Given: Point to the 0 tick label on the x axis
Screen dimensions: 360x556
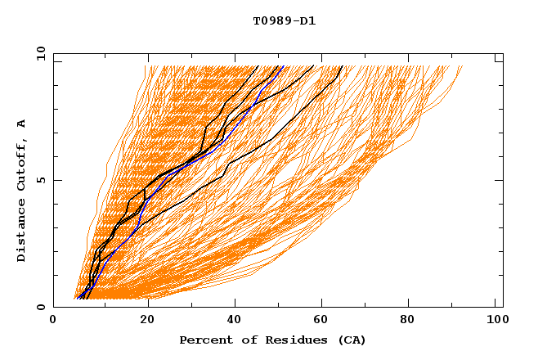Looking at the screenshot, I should [53, 323].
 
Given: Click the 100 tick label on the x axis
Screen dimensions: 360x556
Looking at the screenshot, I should [495, 323].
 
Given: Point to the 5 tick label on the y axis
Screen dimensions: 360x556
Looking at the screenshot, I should [38, 180].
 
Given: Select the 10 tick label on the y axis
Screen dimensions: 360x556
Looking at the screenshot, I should [38, 53].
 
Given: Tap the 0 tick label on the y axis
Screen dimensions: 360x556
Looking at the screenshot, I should [38, 307].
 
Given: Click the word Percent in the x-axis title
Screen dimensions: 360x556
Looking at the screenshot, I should [203, 340].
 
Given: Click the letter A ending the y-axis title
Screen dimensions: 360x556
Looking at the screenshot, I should [22, 124].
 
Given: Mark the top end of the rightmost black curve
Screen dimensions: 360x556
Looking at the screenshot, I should [342, 66].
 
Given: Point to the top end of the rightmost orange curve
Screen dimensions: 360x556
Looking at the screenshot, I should [462, 66].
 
